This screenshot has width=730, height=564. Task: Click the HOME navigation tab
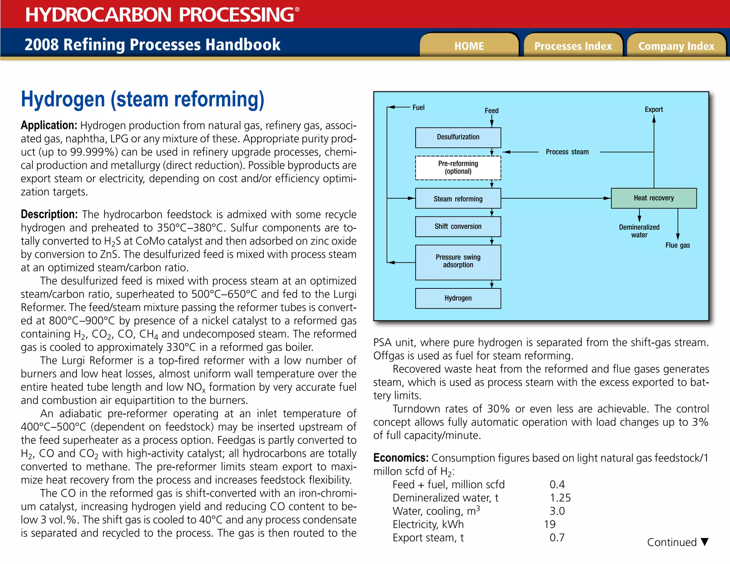coord(469,46)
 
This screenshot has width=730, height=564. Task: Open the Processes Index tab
coord(573,46)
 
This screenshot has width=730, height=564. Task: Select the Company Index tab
coord(676,46)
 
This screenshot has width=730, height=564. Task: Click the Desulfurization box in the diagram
coord(458,137)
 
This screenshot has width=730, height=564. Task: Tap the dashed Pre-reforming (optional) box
coord(458,168)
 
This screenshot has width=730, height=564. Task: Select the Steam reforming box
coord(458,199)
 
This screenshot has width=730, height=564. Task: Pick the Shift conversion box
coord(458,226)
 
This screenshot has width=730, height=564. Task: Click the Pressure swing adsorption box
coord(458,262)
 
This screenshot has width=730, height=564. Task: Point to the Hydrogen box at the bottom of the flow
coord(458,298)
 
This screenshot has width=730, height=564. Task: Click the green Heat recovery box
coord(654,198)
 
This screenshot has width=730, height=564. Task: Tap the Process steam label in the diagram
coord(567,152)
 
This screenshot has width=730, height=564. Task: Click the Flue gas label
coord(678,245)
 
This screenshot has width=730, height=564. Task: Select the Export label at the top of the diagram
coord(654,109)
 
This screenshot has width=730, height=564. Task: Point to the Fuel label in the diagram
coord(418,107)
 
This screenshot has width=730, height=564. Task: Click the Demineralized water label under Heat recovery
coord(639,231)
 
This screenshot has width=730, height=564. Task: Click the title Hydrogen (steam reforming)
coord(143,99)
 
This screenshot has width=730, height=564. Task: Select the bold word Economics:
coord(401,458)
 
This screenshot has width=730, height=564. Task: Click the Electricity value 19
coord(550,524)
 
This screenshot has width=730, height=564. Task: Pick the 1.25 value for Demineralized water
coord(560,498)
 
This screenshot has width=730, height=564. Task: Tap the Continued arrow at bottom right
coord(704,542)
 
